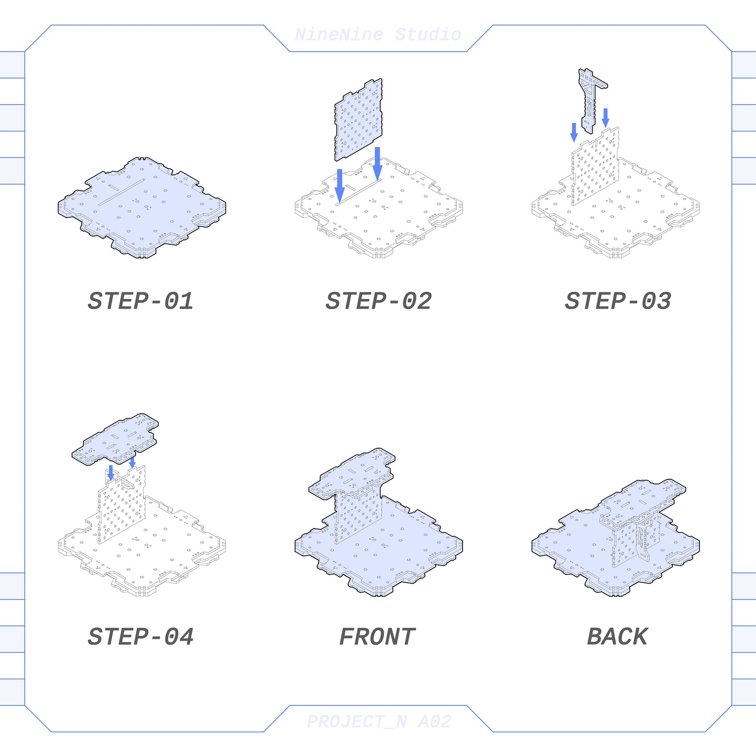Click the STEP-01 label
tap(140, 301)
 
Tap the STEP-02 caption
tap(379, 301)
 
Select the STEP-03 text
tap(618, 301)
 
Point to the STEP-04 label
tap(140, 636)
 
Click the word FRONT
tap(377, 636)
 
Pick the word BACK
tap(617, 636)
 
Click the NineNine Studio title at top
tap(378, 35)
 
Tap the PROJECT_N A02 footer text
tap(379, 721)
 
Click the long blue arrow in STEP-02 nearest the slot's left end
tap(340, 186)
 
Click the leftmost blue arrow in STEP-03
tap(574, 132)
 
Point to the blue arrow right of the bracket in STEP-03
tap(606, 118)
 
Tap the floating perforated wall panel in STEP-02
tap(358, 120)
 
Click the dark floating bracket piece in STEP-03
tap(592, 100)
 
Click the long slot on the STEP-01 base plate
tap(121, 192)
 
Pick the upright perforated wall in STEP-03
tap(595, 166)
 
